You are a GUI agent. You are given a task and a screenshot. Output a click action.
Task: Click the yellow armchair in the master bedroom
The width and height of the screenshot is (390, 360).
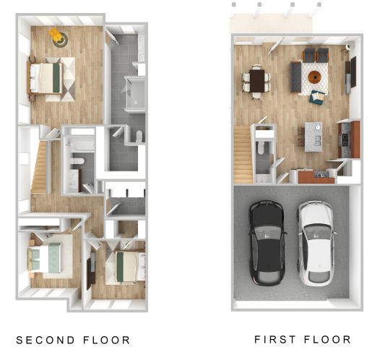56,35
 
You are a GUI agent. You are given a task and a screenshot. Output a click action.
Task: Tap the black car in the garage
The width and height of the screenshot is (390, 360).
267,243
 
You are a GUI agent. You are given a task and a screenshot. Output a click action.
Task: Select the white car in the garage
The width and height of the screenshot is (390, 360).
316,243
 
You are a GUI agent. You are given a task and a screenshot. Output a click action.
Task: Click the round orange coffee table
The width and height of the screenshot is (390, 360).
315,77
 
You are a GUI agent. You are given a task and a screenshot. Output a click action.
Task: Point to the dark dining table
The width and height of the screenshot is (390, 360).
257,81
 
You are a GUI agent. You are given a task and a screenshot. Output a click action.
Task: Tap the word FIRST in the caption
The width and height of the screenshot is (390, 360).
275,339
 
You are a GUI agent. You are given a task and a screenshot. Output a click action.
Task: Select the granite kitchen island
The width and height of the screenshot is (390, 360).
313,137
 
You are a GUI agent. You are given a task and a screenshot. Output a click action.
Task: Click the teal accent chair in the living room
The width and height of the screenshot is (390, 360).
317,97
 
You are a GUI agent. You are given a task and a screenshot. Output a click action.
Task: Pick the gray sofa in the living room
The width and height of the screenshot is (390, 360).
296,77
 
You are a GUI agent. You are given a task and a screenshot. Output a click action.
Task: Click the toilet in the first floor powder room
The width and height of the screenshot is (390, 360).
261,147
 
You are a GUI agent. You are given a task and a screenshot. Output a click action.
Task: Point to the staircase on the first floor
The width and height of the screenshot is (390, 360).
243,155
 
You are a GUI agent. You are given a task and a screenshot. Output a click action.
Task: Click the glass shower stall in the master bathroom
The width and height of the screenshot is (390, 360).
135,94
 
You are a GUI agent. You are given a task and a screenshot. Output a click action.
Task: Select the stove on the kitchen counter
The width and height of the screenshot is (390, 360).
344,140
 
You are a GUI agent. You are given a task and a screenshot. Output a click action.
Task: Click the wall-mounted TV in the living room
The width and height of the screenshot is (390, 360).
353,72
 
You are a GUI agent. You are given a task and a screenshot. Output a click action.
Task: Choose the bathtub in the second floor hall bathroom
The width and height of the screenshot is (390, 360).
80,145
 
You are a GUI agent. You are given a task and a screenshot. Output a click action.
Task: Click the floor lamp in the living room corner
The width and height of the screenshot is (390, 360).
350,46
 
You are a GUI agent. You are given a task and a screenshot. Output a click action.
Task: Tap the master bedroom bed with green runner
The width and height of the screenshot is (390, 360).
45,78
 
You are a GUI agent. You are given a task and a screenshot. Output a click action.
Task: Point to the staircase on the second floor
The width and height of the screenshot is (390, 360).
39,167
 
